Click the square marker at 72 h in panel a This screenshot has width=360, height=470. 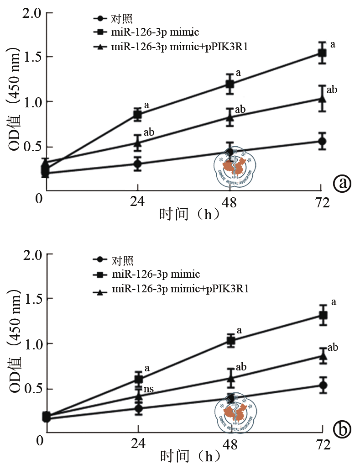point(322,53)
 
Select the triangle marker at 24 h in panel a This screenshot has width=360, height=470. point(138,143)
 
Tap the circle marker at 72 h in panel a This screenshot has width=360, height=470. point(322,141)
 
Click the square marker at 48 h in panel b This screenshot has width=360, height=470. point(230,340)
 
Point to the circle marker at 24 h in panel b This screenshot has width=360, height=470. point(138,408)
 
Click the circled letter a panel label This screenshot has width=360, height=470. point(342,183)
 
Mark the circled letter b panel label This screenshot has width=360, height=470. point(342,429)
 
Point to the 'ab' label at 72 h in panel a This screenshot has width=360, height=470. point(332,90)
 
